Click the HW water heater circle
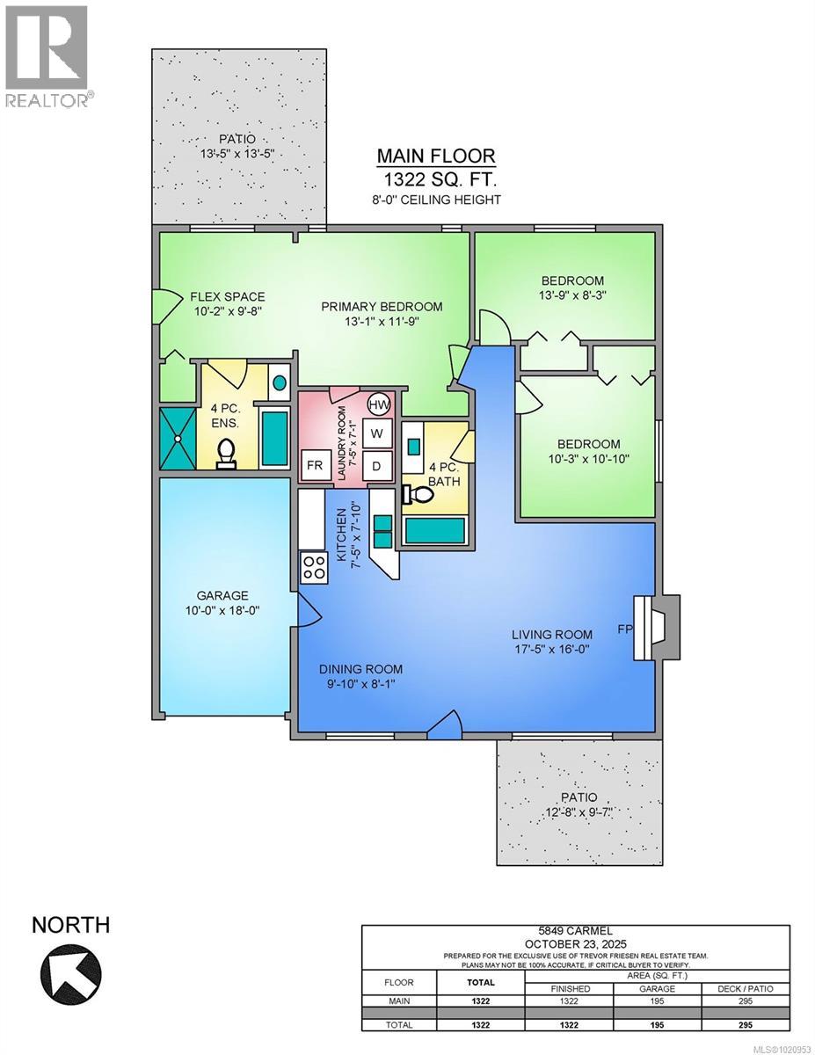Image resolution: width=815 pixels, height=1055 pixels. (379, 405)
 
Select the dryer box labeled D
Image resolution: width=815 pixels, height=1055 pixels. (377, 466)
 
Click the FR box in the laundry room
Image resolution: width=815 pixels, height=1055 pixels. (314, 466)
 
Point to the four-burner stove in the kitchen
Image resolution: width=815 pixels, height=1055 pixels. (313, 567)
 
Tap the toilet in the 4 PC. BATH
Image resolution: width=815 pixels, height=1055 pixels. (417, 495)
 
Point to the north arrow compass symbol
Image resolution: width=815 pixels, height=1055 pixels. (71, 976)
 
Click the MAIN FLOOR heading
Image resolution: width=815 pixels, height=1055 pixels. (436, 156)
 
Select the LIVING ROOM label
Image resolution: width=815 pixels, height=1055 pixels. (553, 634)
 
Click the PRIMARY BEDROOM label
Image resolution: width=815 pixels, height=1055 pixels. (382, 307)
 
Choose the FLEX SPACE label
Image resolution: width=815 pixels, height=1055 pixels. (227, 296)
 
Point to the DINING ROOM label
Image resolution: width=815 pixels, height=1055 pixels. (362, 669)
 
